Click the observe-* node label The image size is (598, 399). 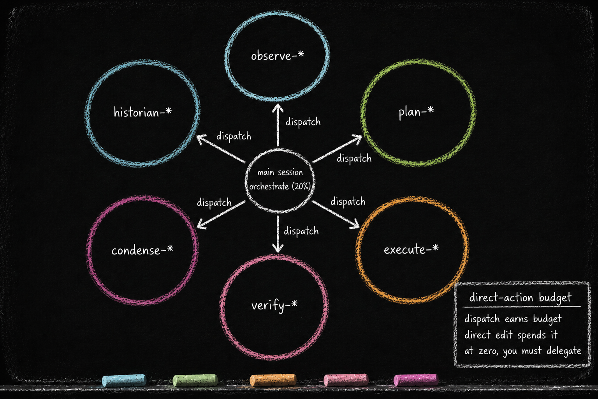277,56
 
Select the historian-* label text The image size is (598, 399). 142,112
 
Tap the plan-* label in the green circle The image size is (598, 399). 416,112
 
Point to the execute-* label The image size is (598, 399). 411,249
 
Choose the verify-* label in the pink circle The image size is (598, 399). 274,305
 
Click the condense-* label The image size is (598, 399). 142,251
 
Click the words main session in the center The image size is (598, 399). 280,172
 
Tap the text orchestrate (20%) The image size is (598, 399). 280,186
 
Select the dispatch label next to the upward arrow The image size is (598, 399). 303,122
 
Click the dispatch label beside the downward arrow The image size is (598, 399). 301,231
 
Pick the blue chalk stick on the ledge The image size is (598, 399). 124,380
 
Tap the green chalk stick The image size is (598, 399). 195,380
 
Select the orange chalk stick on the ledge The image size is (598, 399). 273,380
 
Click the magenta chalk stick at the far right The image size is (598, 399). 416,380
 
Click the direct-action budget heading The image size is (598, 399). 520,298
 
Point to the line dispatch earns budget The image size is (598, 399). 513,319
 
